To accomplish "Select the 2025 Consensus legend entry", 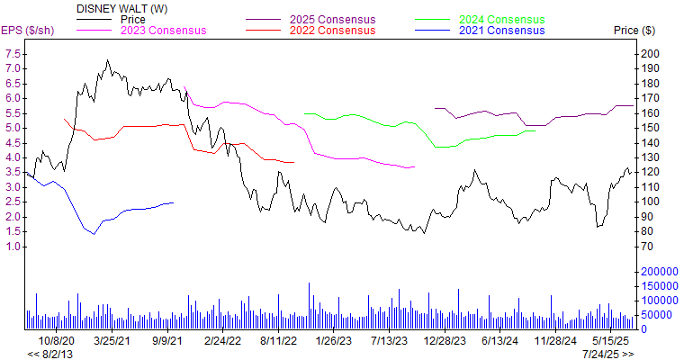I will (331, 19).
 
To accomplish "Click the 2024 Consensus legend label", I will (501, 19).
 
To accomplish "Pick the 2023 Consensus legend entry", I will (165, 30).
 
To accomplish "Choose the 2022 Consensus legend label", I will (331, 30).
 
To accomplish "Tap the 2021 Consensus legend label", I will (501, 30).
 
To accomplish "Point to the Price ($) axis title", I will (634, 30).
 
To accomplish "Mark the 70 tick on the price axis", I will (646, 247).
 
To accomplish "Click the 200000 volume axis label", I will (658, 271).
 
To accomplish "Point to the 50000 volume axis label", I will (655, 314).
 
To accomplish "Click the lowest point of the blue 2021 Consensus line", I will (93, 234).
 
